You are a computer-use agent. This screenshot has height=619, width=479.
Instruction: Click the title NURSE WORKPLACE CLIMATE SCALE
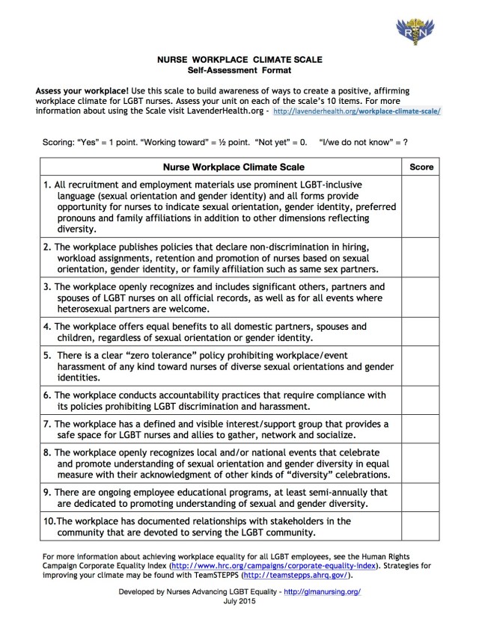tap(239, 58)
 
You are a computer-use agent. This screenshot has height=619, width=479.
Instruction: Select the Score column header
tap(421, 167)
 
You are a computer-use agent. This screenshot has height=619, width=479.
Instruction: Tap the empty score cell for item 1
tap(421, 207)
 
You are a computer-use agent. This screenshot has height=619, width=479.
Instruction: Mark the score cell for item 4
tap(421, 331)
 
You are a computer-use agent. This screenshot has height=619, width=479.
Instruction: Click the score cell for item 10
tap(421, 527)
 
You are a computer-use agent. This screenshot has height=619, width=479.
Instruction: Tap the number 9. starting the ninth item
tap(48, 493)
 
